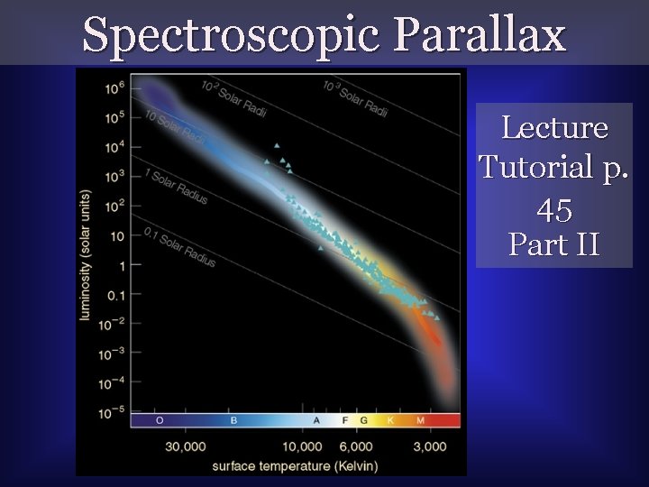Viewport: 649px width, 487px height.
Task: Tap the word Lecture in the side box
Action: (553, 127)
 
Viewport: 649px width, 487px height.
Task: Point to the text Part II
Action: (553, 243)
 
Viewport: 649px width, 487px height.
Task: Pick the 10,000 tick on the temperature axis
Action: (302, 447)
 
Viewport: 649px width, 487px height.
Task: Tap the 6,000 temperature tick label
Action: (356, 447)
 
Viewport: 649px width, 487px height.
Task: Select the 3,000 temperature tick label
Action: (430, 447)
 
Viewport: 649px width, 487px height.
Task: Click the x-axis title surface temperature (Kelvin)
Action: (295, 465)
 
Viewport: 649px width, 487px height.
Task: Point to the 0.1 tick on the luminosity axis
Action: (114, 294)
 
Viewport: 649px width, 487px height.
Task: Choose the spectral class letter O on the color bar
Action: (160, 421)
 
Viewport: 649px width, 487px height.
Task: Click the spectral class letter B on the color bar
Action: (233, 421)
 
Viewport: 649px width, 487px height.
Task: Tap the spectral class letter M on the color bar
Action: (419, 421)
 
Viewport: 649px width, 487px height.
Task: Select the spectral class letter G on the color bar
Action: (363, 421)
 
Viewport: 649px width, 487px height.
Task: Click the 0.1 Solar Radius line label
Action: (179, 245)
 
